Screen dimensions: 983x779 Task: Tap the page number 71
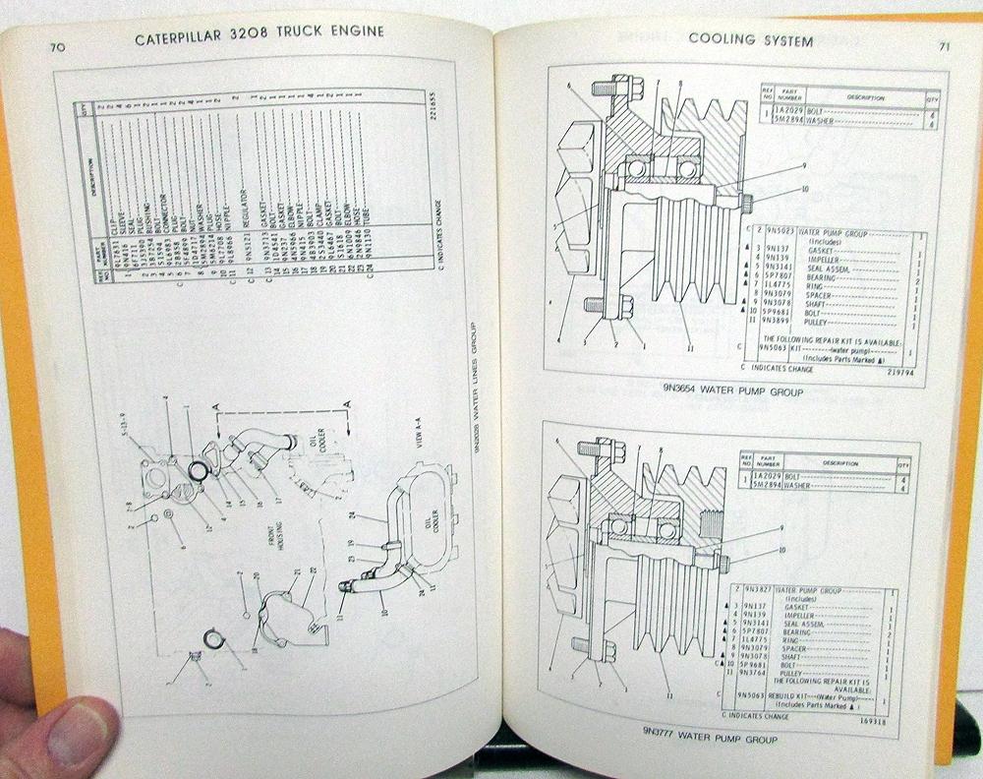(943, 44)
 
